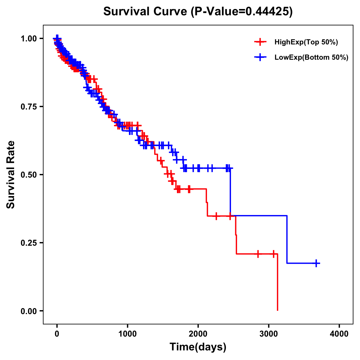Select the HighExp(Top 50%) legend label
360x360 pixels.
pyautogui.click(x=306, y=42)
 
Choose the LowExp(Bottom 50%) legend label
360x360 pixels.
pyautogui.click(x=311, y=58)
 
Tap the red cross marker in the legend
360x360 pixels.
pyautogui.click(x=260, y=42)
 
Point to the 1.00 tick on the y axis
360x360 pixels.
pyautogui.click(x=28, y=38)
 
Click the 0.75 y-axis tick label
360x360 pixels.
pyautogui.click(x=28, y=106)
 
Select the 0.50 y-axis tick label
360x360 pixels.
pyautogui.click(x=28, y=175)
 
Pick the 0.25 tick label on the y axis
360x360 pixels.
pyautogui.click(x=28, y=243)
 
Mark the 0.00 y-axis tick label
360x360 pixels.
pyautogui.click(x=28, y=311)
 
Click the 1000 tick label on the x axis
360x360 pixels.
pyautogui.click(x=127, y=334)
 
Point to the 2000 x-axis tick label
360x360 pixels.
pyautogui.click(x=198, y=334)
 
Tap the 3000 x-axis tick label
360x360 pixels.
pyautogui.click(x=269, y=334)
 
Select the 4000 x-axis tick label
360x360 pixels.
pyautogui.click(x=339, y=334)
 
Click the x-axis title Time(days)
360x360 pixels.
pyautogui.click(x=198, y=347)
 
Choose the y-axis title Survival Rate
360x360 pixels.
pyautogui.click(x=11, y=174)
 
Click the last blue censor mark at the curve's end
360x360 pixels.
pyautogui.click(x=316, y=263)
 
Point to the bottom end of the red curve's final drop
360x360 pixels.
pyautogui.click(x=277, y=310)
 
